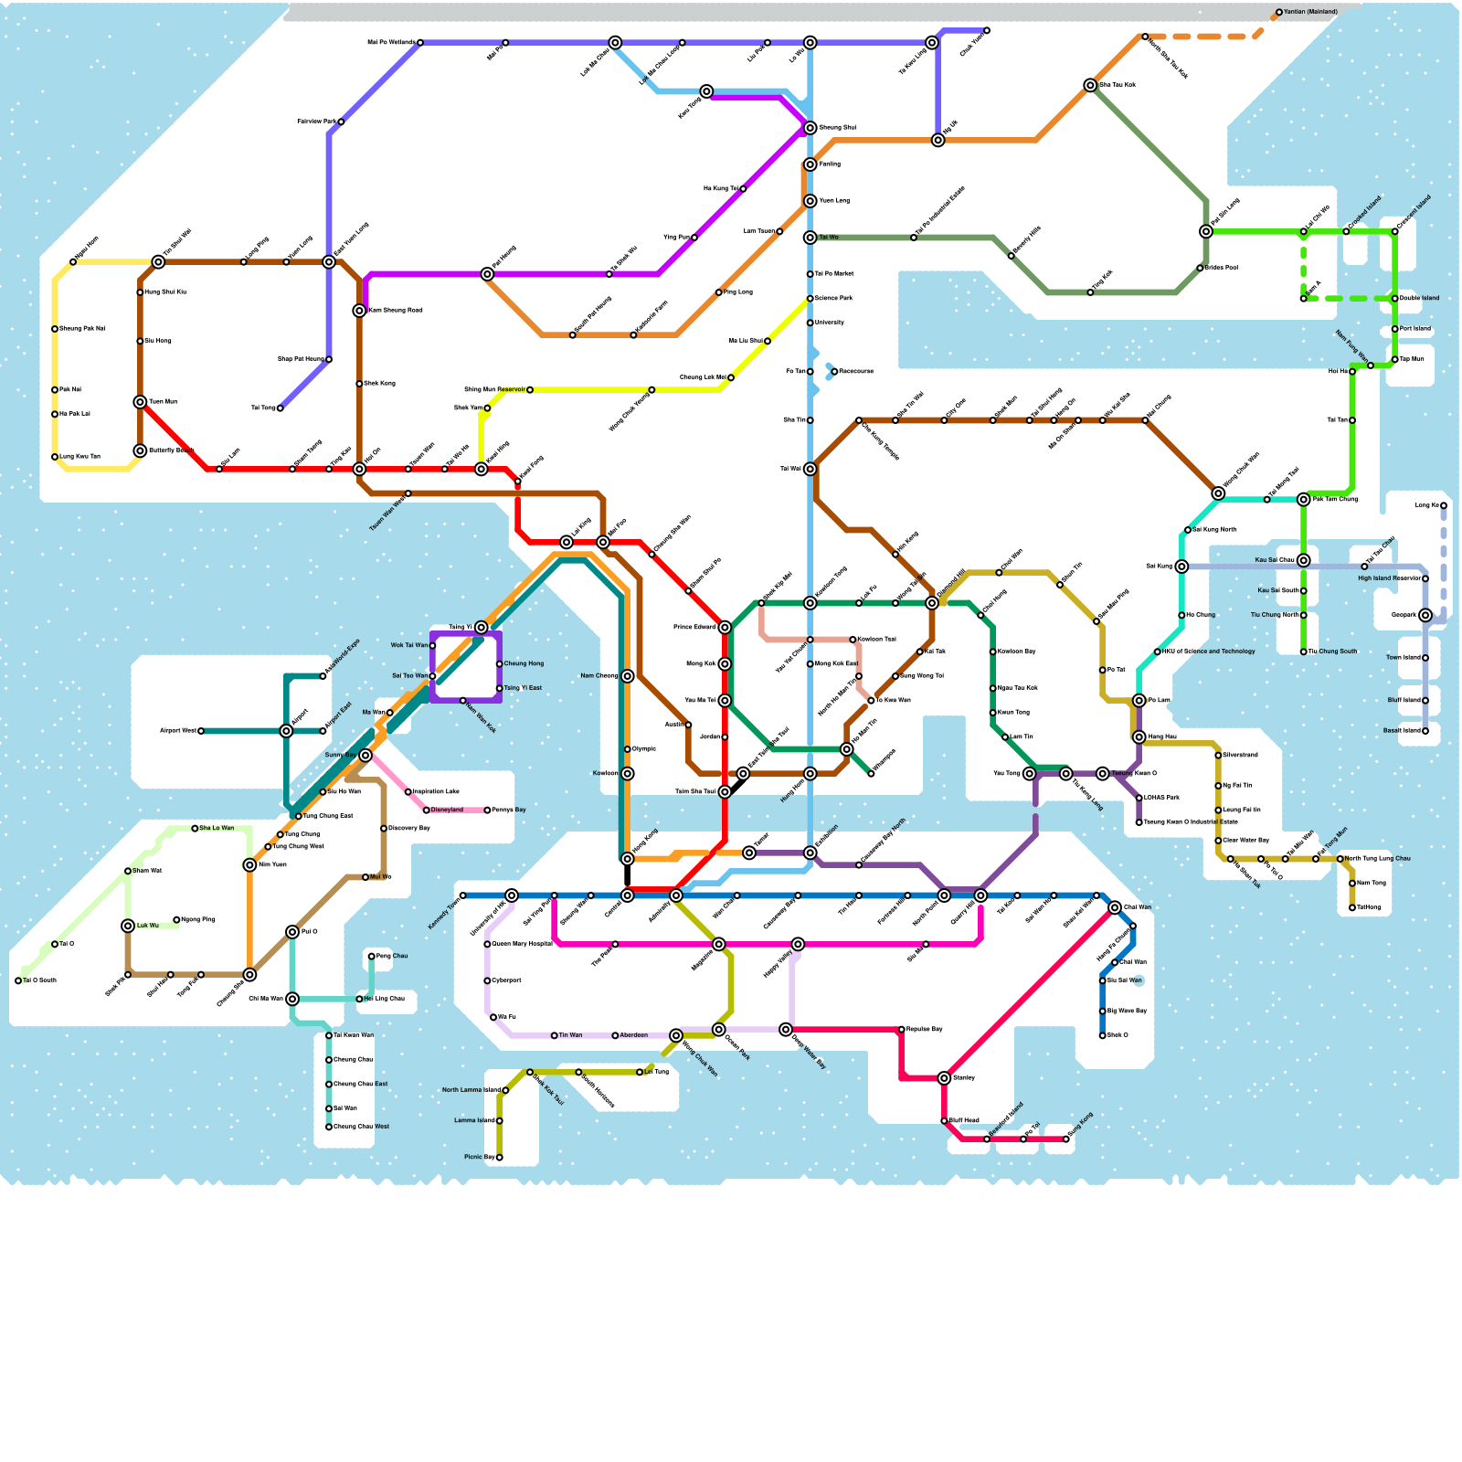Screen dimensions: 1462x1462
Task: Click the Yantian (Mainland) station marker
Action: coord(1279,13)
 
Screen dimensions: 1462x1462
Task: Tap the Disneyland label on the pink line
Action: coord(448,810)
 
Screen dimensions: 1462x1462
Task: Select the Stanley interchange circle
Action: coord(944,1078)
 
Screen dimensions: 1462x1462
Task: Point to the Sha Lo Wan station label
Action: coord(217,828)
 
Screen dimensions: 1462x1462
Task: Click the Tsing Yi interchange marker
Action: coord(482,628)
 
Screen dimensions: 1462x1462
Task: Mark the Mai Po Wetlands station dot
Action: coord(420,43)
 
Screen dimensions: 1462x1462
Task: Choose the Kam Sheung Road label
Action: coord(395,311)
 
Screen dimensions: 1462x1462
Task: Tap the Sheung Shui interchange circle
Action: coord(810,128)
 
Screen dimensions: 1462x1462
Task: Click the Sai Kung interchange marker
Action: coord(1181,567)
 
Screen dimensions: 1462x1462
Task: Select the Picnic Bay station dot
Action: coord(499,1158)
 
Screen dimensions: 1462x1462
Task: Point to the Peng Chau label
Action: coord(392,956)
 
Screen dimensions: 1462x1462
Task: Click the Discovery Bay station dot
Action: coord(384,829)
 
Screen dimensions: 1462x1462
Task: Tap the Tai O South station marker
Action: coord(18,980)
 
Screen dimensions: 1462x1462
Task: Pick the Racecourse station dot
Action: coord(834,372)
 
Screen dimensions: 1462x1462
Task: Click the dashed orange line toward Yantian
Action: coord(1206,37)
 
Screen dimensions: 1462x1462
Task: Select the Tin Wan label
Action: coord(570,1035)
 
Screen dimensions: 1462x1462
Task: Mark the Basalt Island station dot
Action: coord(1425,731)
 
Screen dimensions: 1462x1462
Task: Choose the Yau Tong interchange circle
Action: coord(1030,774)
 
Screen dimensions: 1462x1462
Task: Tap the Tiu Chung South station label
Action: coord(1332,652)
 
